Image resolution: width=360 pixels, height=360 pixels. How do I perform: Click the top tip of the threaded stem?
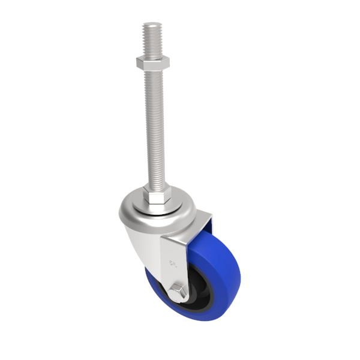point(152,25)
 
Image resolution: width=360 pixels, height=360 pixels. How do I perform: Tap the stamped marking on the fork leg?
point(175,262)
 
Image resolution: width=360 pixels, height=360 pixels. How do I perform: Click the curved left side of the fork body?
point(129,234)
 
